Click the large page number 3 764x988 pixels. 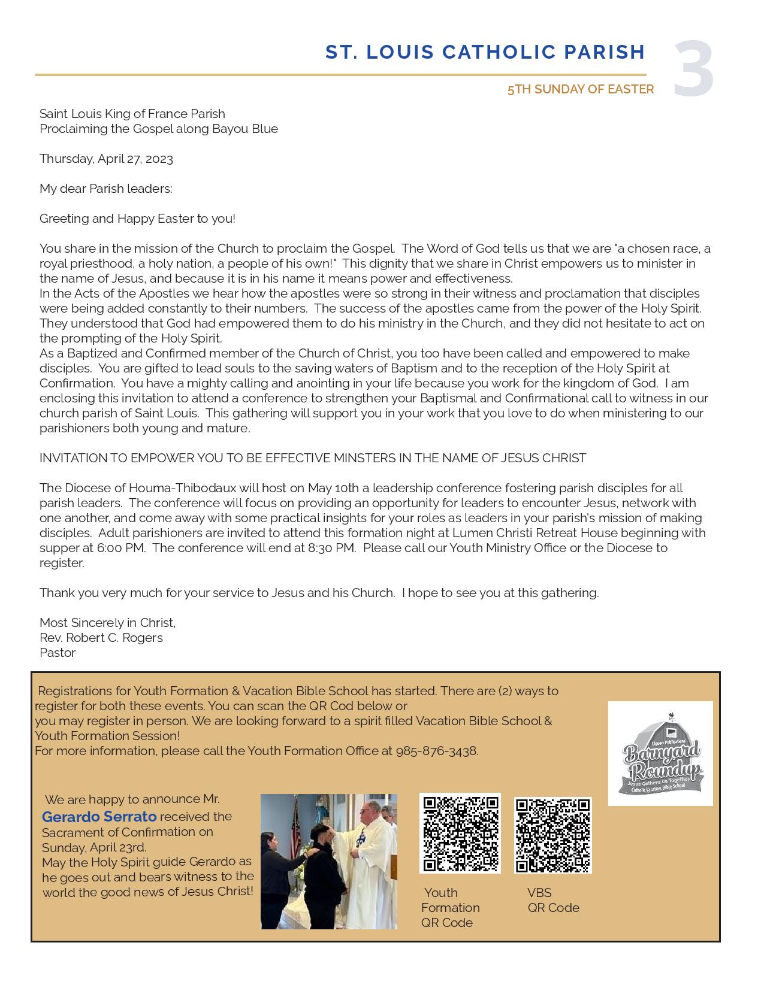point(693,69)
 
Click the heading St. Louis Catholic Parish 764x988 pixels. point(485,53)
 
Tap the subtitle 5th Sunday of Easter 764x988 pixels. point(580,89)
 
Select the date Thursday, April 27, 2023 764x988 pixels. point(106,159)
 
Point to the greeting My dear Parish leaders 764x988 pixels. point(105,189)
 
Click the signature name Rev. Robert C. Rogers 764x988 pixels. point(101,638)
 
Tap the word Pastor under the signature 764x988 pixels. point(58,653)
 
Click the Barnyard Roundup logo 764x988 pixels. point(660,753)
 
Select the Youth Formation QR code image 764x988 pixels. point(460,833)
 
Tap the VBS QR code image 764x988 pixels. point(552,835)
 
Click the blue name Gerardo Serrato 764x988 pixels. point(99,817)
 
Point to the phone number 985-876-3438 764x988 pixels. point(436,751)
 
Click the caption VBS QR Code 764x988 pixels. point(552,900)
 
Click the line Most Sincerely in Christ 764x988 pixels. point(107,623)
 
